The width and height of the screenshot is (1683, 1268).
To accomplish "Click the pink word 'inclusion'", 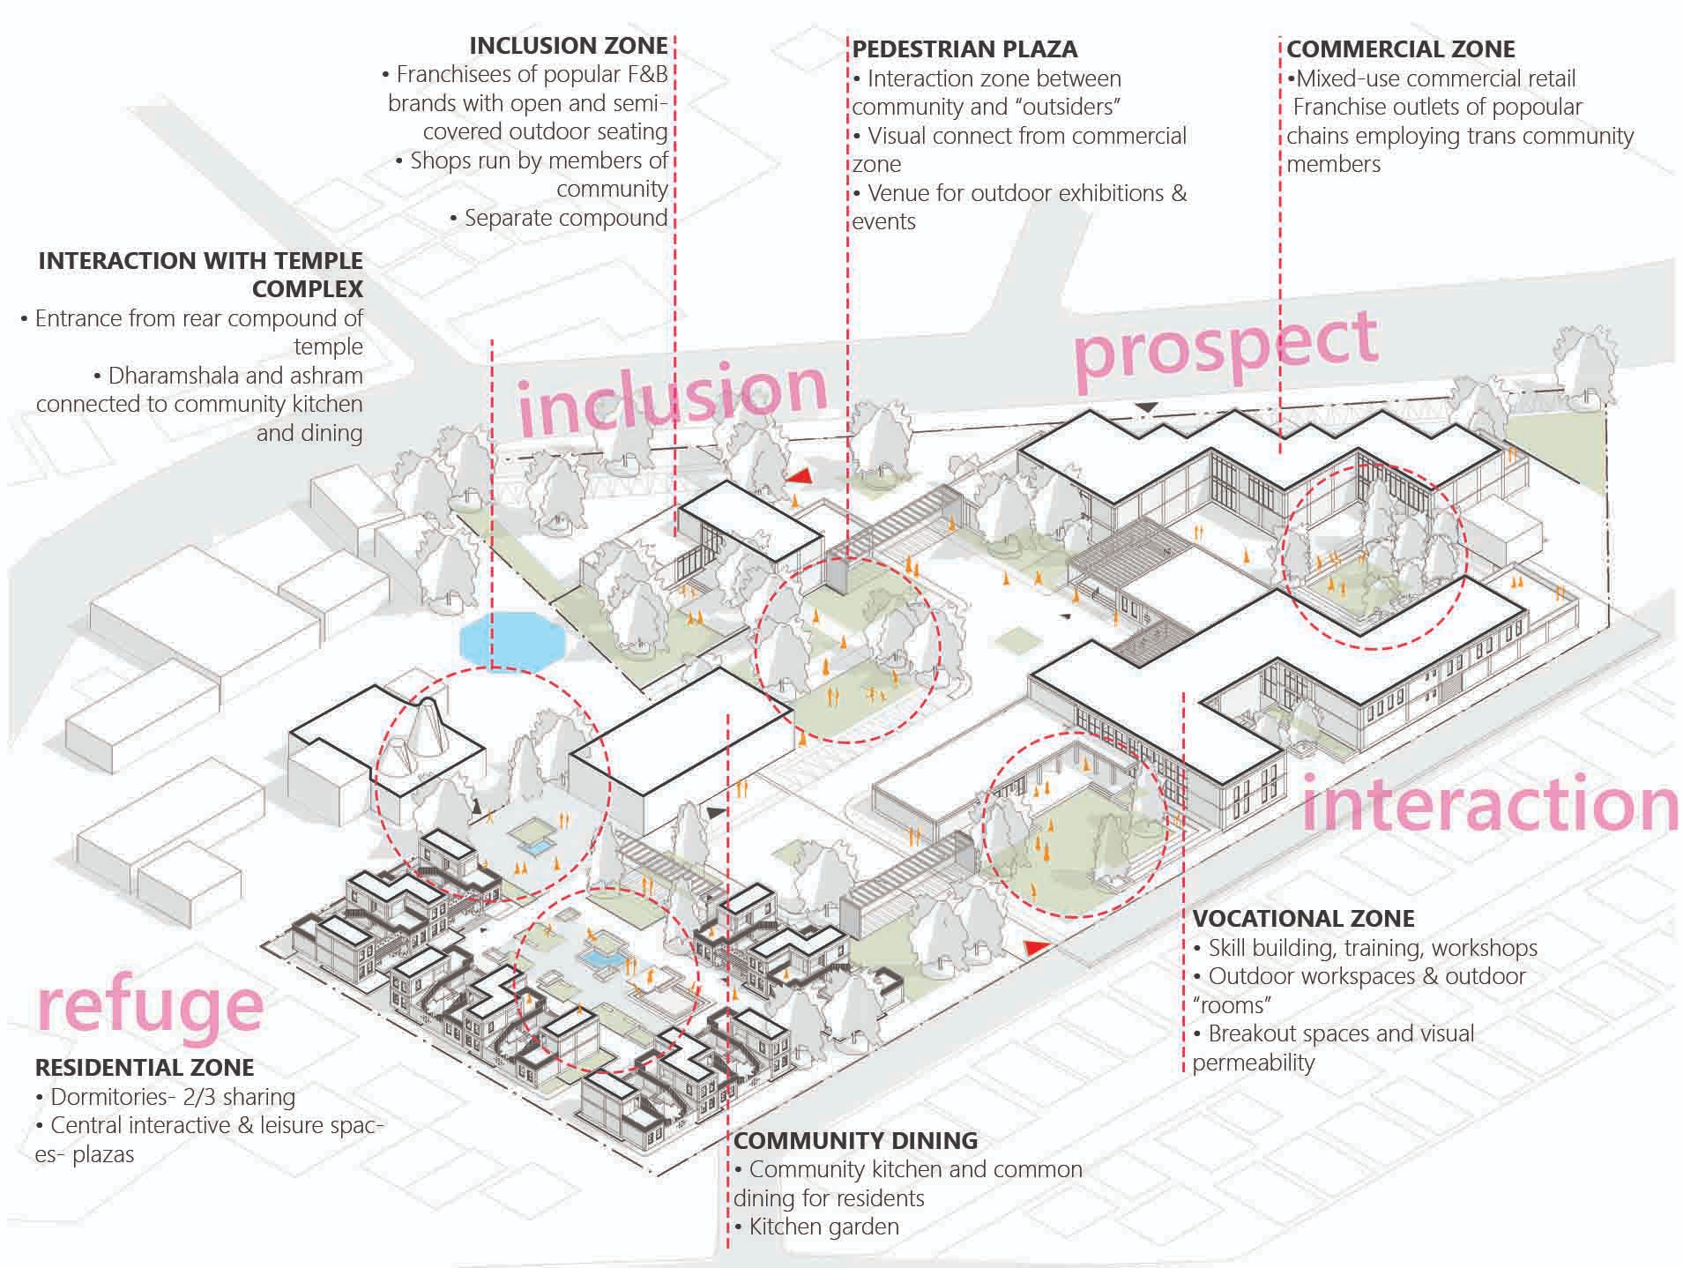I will pos(673,398).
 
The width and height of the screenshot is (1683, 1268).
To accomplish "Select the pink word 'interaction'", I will pos(1489,804).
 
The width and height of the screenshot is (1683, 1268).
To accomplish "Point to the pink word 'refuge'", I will pos(150,1008).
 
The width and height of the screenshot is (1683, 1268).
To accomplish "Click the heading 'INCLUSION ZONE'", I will pos(568,46).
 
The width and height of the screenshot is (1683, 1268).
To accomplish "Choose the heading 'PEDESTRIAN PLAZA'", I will pos(964,49).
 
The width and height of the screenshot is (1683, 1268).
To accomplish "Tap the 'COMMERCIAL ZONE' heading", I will pos(1400,49).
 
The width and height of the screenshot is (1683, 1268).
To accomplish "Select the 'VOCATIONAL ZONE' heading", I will pos(1303,918).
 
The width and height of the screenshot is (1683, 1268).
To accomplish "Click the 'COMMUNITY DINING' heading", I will pos(855,1140).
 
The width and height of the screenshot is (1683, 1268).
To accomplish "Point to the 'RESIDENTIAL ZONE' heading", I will pos(145,1067).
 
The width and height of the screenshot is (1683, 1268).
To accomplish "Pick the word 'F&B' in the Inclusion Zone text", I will pos(646,74).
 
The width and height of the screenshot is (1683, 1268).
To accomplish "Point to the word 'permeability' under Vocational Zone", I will pos(1253,1063).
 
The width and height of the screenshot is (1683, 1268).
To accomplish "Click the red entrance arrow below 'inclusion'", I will pos(799,476).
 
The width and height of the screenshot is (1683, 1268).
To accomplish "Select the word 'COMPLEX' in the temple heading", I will pos(307,289).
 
